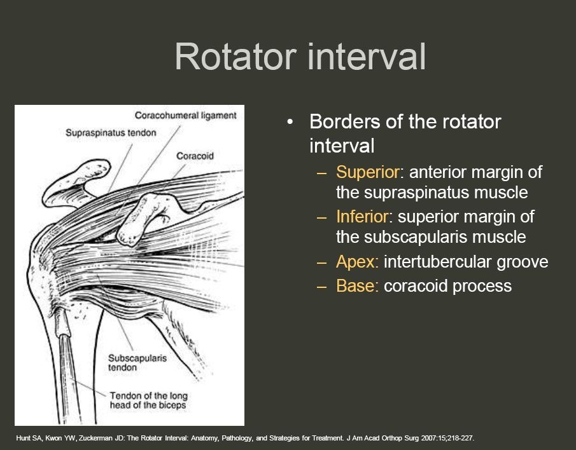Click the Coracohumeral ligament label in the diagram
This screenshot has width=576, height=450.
[186, 116]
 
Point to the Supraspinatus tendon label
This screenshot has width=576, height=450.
[111, 133]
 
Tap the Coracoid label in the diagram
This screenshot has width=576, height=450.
[195, 156]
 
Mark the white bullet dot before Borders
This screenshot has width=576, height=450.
[291, 121]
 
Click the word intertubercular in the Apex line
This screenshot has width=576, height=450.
[435, 262]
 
